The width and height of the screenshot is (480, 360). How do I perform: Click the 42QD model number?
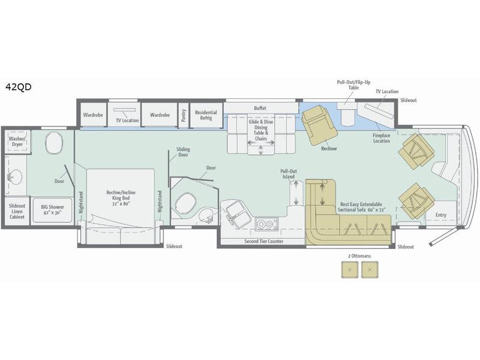[19, 87]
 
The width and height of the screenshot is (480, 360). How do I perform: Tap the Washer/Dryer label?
[17, 142]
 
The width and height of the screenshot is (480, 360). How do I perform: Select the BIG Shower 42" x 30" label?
[52, 209]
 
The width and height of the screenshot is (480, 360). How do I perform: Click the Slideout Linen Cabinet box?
[17, 211]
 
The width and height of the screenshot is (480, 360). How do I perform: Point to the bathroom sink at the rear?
[14, 177]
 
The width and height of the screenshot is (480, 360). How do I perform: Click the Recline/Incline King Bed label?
[121, 198]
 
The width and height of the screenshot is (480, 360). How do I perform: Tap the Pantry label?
[184, 115]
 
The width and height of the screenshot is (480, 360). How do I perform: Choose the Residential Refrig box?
[206, 115]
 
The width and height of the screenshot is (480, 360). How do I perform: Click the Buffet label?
[260, 108]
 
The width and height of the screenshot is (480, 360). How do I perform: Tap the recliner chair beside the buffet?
[319, 125]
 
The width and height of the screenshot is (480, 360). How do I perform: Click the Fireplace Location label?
[382, 138]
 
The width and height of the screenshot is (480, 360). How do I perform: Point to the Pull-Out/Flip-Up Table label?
[353, 85]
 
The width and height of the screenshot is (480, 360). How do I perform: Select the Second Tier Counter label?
[264, 241]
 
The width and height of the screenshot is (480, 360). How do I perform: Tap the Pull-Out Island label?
[289, 174]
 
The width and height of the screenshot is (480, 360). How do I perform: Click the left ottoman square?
[350, 269]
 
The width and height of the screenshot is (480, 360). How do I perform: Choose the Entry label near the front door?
[441, 215]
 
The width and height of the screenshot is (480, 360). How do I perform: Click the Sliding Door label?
[183, 152]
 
